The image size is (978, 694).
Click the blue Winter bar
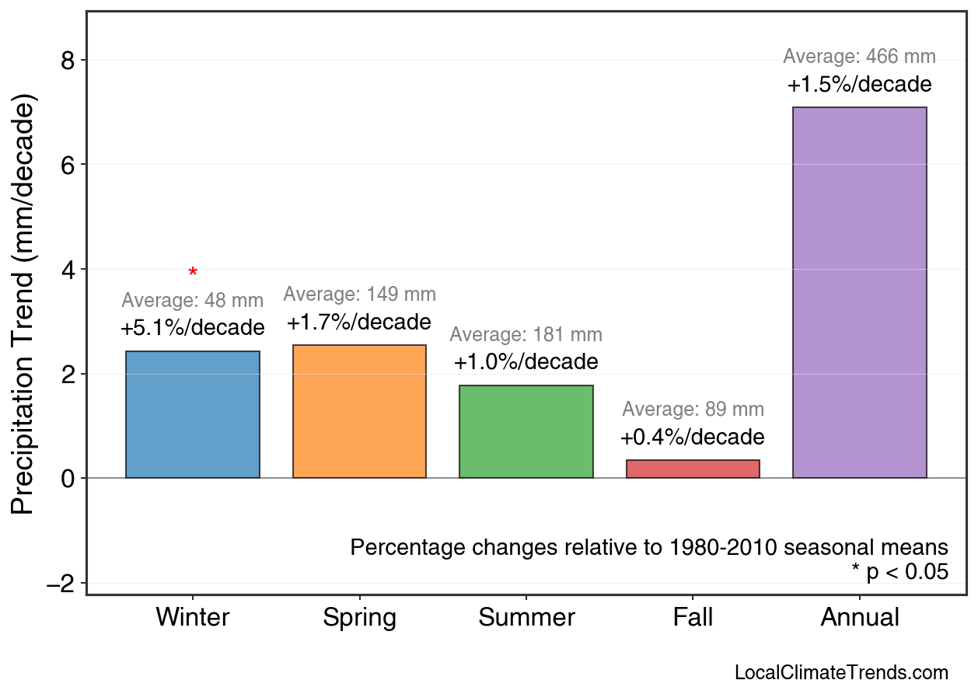[x=193, y=414]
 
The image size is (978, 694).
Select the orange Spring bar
[x=359, y=411]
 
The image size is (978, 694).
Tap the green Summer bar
[x=526, y=431]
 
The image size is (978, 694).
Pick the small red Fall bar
[x=693, y=469]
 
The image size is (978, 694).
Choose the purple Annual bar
[x=859, y=292]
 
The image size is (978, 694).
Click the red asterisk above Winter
[x=193, y=272]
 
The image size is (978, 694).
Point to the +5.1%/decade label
[x=193, y=328]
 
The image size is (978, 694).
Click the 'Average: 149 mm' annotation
[x=359, y=295]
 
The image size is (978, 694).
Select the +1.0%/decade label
[x=526, y=362]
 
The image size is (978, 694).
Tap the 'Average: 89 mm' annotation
[x=693, y=410]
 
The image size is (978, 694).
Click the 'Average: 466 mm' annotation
[x=859, y=57]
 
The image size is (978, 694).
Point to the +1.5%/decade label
[x=859, y=84]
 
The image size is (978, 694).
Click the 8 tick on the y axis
[x=68, y=61]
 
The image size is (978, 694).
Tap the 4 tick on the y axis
[x=68, y=270]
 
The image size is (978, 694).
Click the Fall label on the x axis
[x=693, y=618]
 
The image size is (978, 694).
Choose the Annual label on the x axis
[x=859, y=618]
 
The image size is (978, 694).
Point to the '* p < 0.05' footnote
[x=899, y=572]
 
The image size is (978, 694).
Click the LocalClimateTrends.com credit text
[x=841, y=673]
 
